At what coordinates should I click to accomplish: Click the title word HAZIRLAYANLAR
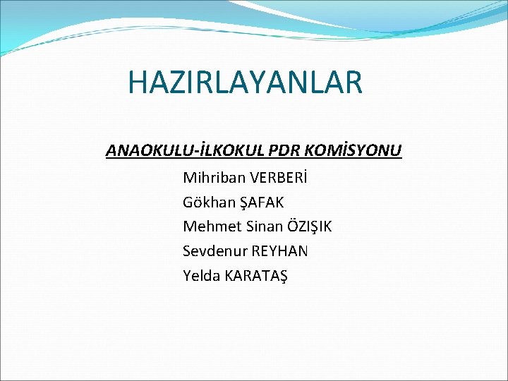point(245,82)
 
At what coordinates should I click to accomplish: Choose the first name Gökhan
point(206,202)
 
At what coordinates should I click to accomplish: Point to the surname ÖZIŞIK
point(309,226)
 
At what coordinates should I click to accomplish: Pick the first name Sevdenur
point(213,251)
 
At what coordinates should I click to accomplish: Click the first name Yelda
point(201,276)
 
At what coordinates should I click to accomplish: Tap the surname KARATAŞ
point(256,276)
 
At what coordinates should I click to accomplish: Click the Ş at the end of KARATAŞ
point(283,276)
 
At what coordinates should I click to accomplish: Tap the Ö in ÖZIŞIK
point(293,226)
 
